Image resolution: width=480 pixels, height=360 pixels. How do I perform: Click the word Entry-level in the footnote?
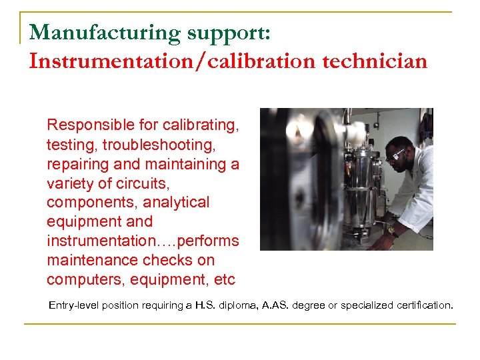coord(77,305)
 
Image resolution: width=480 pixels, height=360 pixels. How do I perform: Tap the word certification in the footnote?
coord(419,305)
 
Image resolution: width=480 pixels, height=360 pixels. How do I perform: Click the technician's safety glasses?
coord(398,154)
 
